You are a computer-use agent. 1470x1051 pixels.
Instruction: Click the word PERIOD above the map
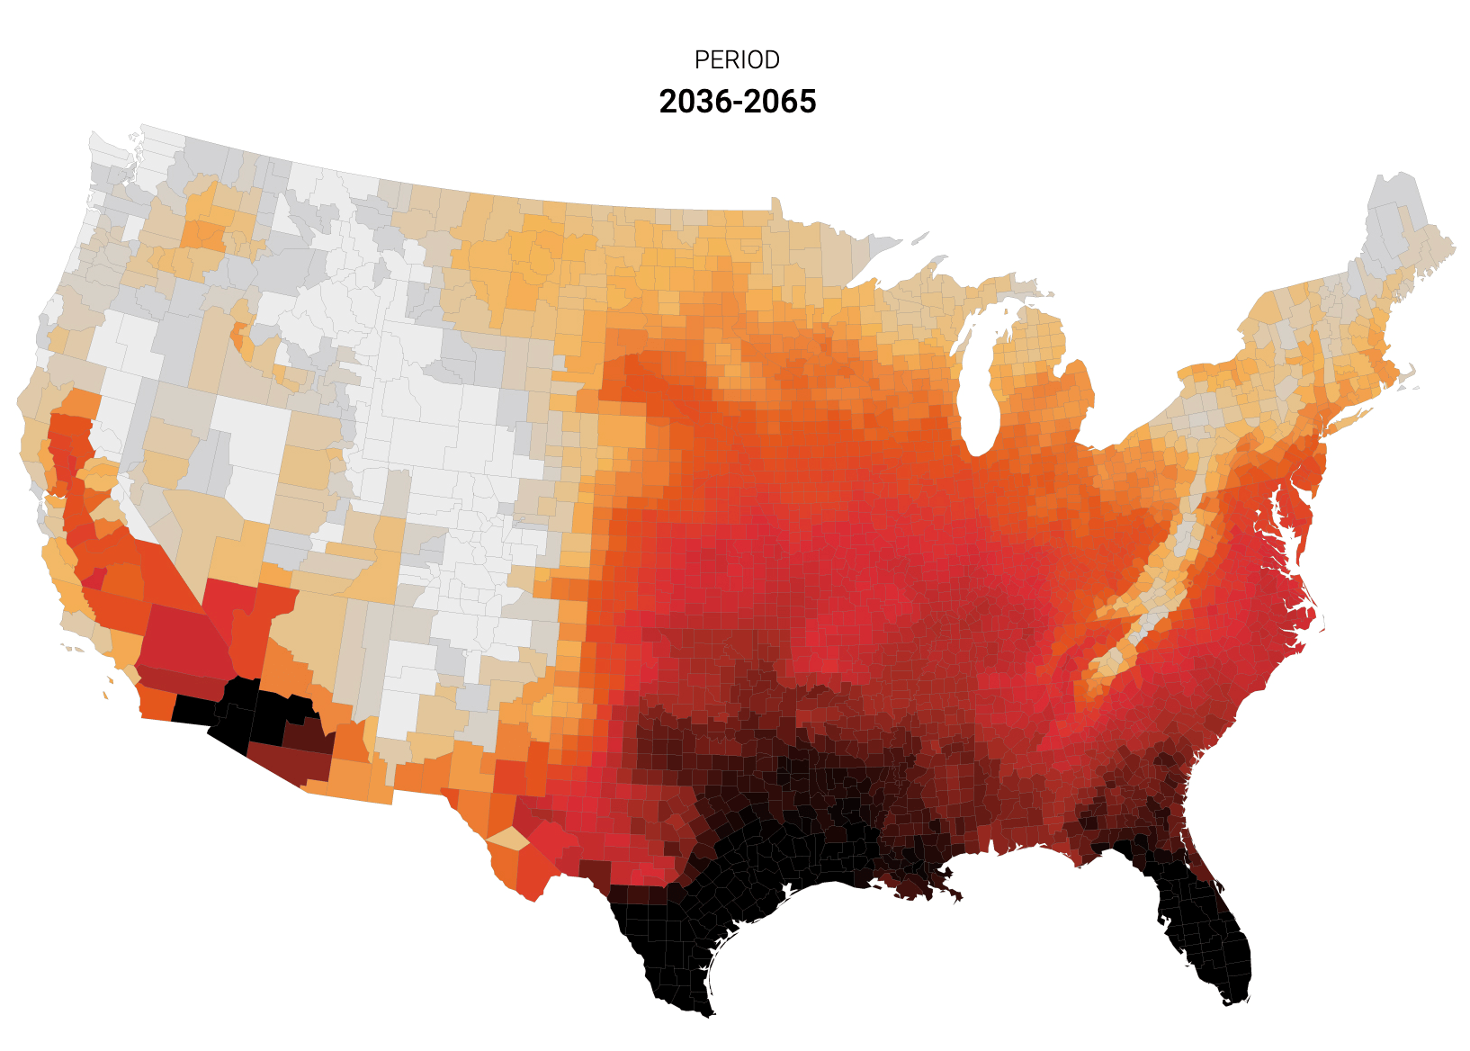tap(737, 60)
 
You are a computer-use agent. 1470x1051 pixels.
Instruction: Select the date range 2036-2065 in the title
tap(737, 102)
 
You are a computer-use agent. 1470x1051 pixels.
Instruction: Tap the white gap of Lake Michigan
tap(973, 378)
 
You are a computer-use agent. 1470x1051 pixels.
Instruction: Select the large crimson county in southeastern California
tap(180, 639)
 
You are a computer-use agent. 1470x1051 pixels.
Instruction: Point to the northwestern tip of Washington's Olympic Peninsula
tap(93, 138)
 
